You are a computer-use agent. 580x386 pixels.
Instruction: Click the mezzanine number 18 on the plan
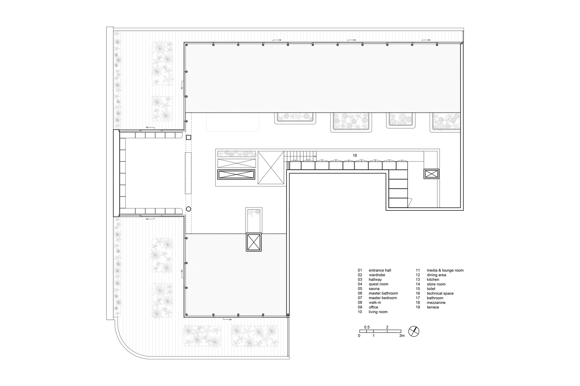[x=355, y=155]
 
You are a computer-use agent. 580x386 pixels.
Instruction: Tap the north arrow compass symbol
[x=414, y=331]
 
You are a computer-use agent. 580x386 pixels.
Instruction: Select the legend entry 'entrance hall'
[x=380, y=270]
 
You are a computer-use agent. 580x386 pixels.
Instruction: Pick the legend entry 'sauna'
[x=374, y=289]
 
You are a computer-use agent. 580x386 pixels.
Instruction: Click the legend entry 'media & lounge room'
[x=445, y=270]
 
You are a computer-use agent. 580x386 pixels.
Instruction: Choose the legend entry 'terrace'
[x=433, y=307]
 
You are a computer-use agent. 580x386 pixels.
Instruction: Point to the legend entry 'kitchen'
[x=433, y=279]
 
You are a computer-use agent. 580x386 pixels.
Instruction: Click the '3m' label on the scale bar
[x=402, y=336]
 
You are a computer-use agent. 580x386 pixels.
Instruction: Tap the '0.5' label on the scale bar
[x=367, y=327]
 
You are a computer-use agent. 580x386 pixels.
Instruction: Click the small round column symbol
[x=188, y=209]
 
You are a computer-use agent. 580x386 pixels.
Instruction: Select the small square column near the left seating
[x=188, y=137]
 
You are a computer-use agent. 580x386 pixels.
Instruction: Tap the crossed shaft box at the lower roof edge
[x=254, y=242]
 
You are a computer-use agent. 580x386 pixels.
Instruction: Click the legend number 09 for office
[x=360, y=307]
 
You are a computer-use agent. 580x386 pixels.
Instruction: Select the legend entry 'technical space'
[x=440, y=293]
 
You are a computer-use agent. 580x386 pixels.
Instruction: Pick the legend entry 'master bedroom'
[x=382, y=298]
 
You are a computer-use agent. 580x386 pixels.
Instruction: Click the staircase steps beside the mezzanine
[x=301, y=156]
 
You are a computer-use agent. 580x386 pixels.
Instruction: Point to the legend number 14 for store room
[x=418, y=284]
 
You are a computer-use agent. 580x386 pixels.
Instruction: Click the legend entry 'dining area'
[x=436, y=275]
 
